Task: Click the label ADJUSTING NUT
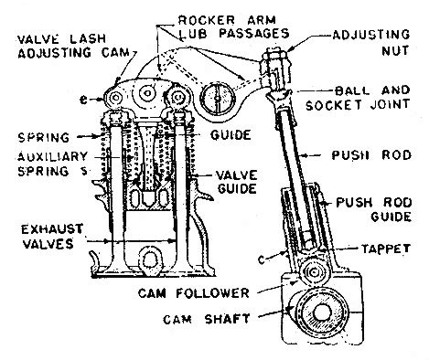click(371, 42)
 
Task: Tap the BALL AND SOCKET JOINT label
click(358, 98)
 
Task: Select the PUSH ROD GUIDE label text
click(374, 209)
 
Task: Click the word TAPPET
click(386, 249)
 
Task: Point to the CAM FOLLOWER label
click(194, 293)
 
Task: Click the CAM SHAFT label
click(207, 319)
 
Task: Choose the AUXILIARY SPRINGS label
click(52, 164)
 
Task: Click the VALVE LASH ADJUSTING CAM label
click(73, 46)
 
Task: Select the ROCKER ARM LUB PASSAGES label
click(233, 26)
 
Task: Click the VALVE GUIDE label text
click(237, 182)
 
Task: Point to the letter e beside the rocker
click(83, 100)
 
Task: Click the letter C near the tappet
click(262, 259)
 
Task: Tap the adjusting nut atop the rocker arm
click(275, 57)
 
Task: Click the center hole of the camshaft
click(320, 312)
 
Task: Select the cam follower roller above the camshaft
click(313, 272)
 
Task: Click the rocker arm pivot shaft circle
click(217, 98)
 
